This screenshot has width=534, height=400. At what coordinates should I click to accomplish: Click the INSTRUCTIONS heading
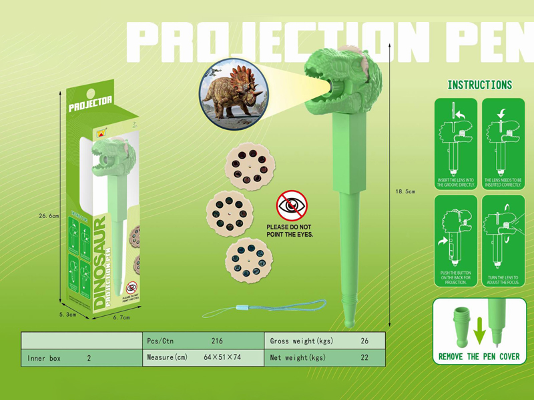point(479,85)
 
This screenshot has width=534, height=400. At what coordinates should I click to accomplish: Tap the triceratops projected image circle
point(234,94)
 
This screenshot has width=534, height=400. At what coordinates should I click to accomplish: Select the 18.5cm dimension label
point(405,191)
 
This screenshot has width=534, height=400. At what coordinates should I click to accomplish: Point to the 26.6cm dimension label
point(49,215)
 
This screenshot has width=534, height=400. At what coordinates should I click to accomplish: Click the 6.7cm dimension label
point(121,317)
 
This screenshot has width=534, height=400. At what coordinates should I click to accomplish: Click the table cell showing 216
point(216,341)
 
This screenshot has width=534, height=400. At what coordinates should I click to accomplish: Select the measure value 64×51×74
point(223,358)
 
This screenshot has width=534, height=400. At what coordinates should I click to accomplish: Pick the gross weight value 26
point(364,341)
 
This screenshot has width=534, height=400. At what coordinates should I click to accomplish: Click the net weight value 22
point(364,358)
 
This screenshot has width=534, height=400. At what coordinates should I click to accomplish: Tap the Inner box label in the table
point(45,358)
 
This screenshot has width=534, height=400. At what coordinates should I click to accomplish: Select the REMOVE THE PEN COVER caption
point(479,357)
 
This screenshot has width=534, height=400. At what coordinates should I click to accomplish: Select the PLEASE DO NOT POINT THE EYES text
point(290,231)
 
